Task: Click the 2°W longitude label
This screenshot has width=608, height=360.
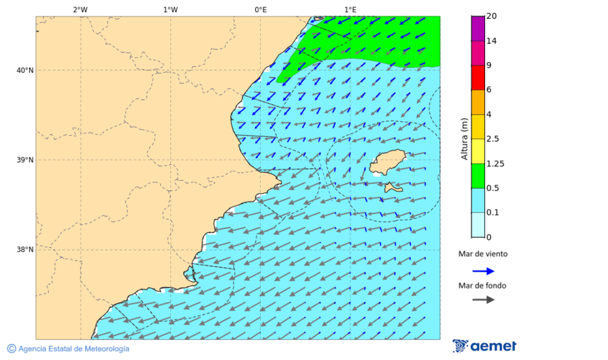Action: (80, 9)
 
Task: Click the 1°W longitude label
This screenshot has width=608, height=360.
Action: (170, 9)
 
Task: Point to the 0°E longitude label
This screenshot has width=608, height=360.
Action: (260, 9)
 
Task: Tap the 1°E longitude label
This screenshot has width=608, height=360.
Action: (350, 9)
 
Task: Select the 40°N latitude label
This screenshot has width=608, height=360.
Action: (25, 70)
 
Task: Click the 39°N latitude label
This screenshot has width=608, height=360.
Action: (25, 160)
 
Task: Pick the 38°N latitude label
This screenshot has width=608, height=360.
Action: (25, 250)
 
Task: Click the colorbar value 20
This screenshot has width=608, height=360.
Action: (491, 16)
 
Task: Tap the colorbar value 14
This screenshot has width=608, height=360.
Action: (491, 41)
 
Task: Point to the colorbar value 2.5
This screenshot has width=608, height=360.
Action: (492, 139)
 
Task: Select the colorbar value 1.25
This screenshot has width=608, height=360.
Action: (495, 163)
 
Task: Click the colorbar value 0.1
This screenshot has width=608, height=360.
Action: (492, 213)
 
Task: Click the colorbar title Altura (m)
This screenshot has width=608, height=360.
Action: (464, 138)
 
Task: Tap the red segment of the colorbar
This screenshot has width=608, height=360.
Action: (478, 78)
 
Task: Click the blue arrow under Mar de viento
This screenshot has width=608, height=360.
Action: (483, 271)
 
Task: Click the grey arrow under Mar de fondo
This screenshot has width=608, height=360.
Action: (483, 299)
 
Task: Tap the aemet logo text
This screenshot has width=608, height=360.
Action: (493, 346)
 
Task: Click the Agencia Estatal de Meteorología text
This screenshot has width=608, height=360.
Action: (73, 349)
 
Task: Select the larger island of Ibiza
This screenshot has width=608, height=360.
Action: (387, 163)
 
